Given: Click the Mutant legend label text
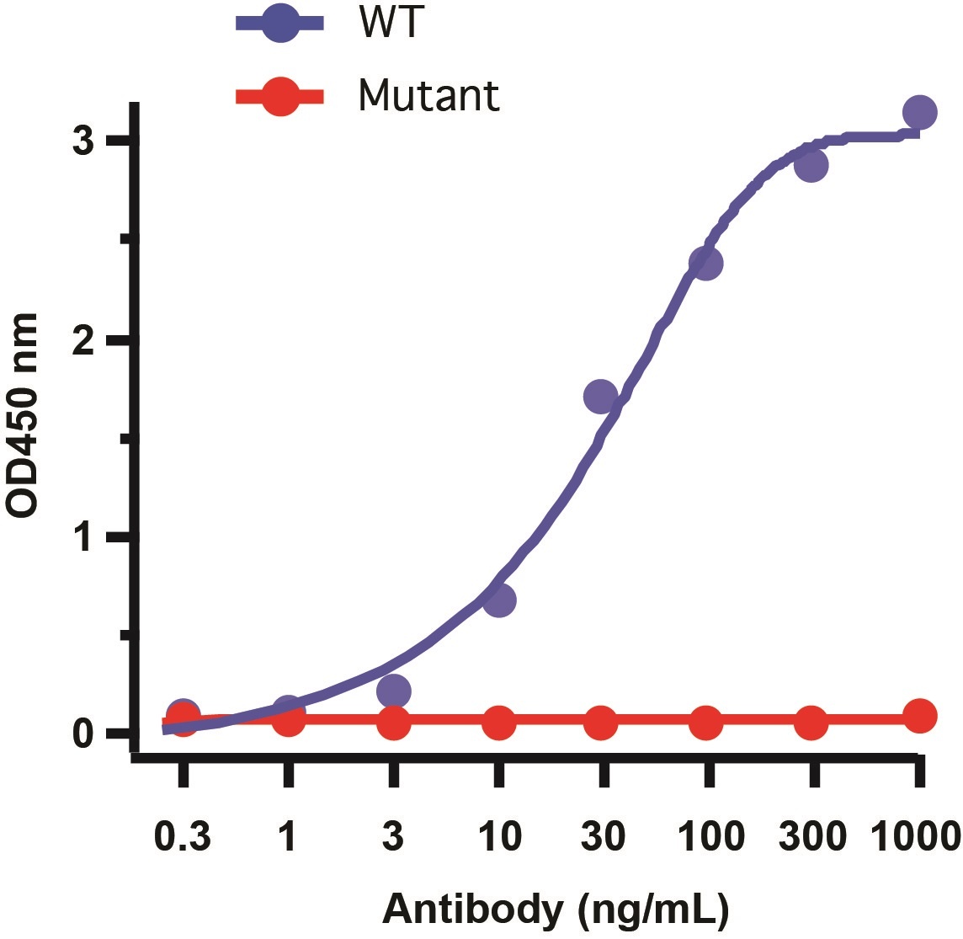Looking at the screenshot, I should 428,95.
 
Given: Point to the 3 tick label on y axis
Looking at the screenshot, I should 82,141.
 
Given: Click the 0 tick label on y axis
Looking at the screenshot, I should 82,734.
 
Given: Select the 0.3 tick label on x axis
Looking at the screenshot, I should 183,838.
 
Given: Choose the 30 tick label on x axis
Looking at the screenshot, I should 602,838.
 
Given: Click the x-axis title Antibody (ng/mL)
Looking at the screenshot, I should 556,910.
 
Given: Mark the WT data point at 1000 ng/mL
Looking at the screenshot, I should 920,112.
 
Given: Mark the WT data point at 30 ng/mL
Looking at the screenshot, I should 600,396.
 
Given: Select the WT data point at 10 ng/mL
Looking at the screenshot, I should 499,600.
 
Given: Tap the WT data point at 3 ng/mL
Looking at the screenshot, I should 394,691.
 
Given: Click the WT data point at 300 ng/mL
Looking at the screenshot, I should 811,165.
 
